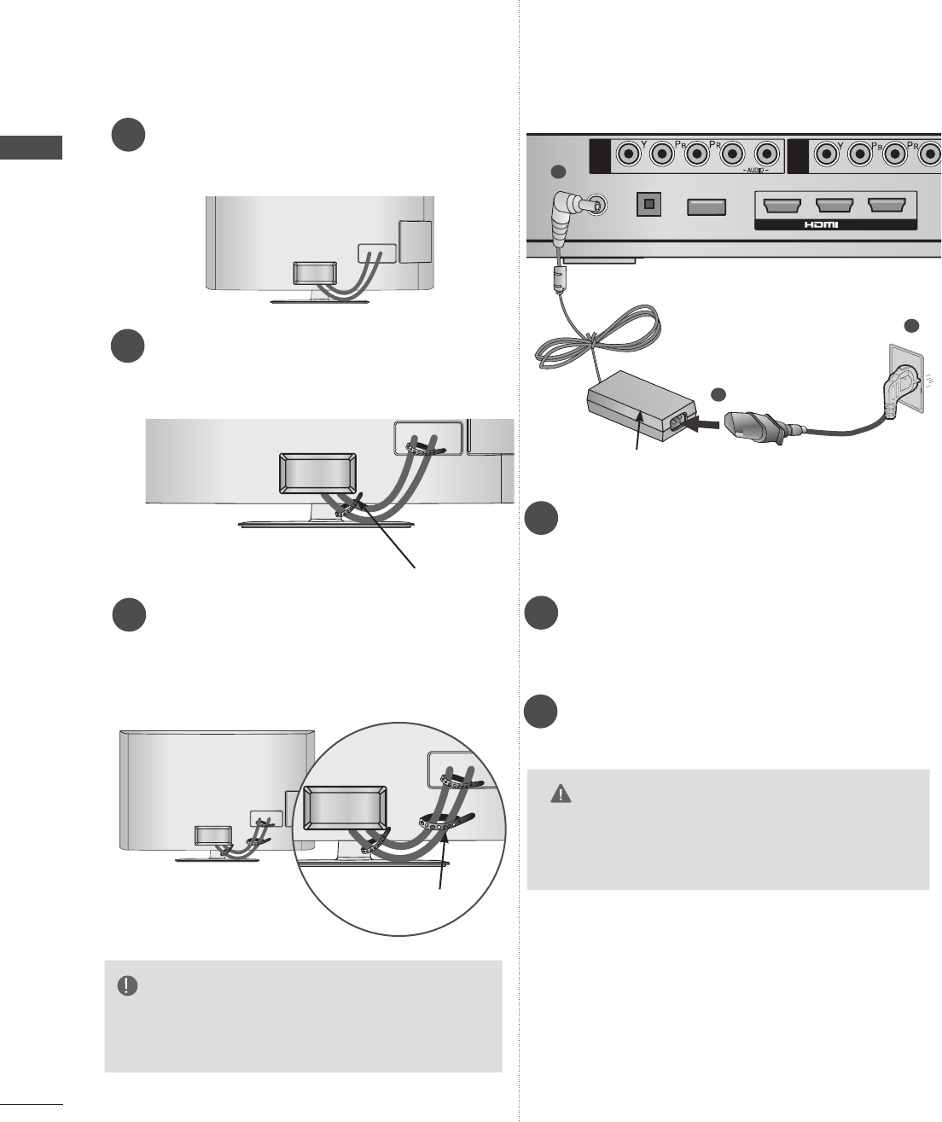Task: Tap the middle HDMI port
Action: tap(835, 206)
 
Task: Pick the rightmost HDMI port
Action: tap(887, 206)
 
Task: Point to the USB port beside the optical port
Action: tap(706, 206)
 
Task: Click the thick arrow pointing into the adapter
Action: tap(701, 423)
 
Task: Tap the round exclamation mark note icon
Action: tap(127, 985)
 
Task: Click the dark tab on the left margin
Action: tap(32, 147)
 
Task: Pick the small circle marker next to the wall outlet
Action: tap(911, 326)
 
